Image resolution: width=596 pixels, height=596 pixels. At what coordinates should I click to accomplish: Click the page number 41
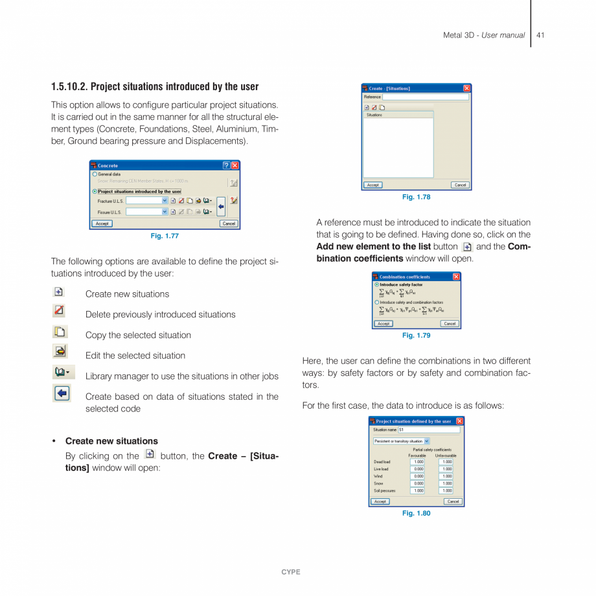click(x=540, y=35)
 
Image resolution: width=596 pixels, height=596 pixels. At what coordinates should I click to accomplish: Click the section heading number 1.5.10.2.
click(x=69, y=87)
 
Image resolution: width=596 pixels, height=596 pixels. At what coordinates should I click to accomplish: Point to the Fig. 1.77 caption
click(x=165, y=236)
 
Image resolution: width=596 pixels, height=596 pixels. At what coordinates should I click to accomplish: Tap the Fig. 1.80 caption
click(x=416, y=513)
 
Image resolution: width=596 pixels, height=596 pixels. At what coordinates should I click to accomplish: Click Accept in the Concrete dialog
click(x=102, y=223)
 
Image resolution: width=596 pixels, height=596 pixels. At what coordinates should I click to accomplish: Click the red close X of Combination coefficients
click(x=456, y=277)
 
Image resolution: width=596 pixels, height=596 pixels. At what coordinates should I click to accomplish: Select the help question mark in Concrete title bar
click(x=226, y=166)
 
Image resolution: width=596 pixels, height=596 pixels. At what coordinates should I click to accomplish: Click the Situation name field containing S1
click(x=428, y=430)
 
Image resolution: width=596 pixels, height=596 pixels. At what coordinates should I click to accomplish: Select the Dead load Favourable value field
click(x=418, y=462)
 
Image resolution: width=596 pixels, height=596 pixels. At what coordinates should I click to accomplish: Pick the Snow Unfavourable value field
click(x=446, y=483)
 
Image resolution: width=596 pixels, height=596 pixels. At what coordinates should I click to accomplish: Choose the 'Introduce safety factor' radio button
click(x=377, y=284)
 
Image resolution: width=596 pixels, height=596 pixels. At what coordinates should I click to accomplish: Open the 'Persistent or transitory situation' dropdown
click(x=426, y=441)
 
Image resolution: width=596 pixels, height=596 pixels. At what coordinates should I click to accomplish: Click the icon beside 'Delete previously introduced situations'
click(x=59, y=311)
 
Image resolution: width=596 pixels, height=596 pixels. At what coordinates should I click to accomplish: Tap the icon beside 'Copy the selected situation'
click(x=59, y=332)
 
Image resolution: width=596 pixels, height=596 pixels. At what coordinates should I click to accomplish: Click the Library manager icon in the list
click(x=63, y=372)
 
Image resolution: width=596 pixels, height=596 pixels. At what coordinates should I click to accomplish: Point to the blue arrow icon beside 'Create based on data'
click(x=62, y=393)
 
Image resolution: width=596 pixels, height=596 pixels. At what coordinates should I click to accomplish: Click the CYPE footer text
click(x=291, y=572)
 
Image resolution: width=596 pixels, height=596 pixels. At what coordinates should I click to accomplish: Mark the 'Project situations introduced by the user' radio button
click(x=95, y=192)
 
